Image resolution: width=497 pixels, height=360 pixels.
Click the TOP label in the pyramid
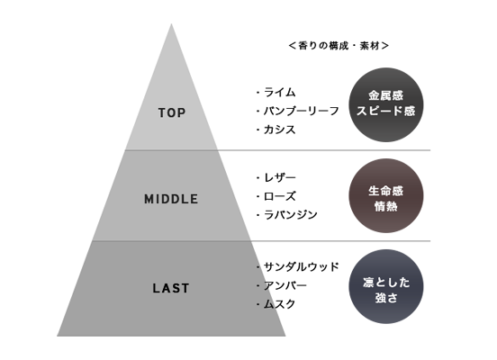pos(172,112)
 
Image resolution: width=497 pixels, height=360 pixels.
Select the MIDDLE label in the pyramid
pos(171,199)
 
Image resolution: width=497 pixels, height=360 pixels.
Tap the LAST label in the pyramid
pos(171,288)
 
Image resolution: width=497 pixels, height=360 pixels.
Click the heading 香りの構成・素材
pos(339,46)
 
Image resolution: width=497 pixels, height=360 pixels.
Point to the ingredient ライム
pos(279,92)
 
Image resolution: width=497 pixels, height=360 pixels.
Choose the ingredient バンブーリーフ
pos(301,111)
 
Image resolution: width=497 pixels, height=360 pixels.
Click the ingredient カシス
pos(279,130)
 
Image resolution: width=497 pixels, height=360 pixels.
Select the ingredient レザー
pos(279,177)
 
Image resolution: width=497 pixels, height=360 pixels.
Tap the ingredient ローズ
pos(279,196)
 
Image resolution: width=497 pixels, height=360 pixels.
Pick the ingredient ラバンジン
pos(290,215)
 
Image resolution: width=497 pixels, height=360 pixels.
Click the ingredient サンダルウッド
pos(301,266)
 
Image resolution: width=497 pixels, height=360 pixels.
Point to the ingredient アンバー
pos(285,285)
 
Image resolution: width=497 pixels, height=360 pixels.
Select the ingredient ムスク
pos(279,304)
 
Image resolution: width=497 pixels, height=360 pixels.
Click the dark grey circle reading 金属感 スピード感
pos(386,105)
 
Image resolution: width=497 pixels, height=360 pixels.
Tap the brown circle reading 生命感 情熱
pos(386,196)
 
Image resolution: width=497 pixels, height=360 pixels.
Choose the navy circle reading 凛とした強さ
pos(386,286)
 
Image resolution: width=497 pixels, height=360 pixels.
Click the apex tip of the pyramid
pos(171,23)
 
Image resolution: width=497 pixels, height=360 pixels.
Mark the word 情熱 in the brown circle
pos(386,207)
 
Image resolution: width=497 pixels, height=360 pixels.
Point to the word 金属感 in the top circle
pos(386,95)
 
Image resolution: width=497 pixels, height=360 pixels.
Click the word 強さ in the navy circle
pos(386,298)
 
